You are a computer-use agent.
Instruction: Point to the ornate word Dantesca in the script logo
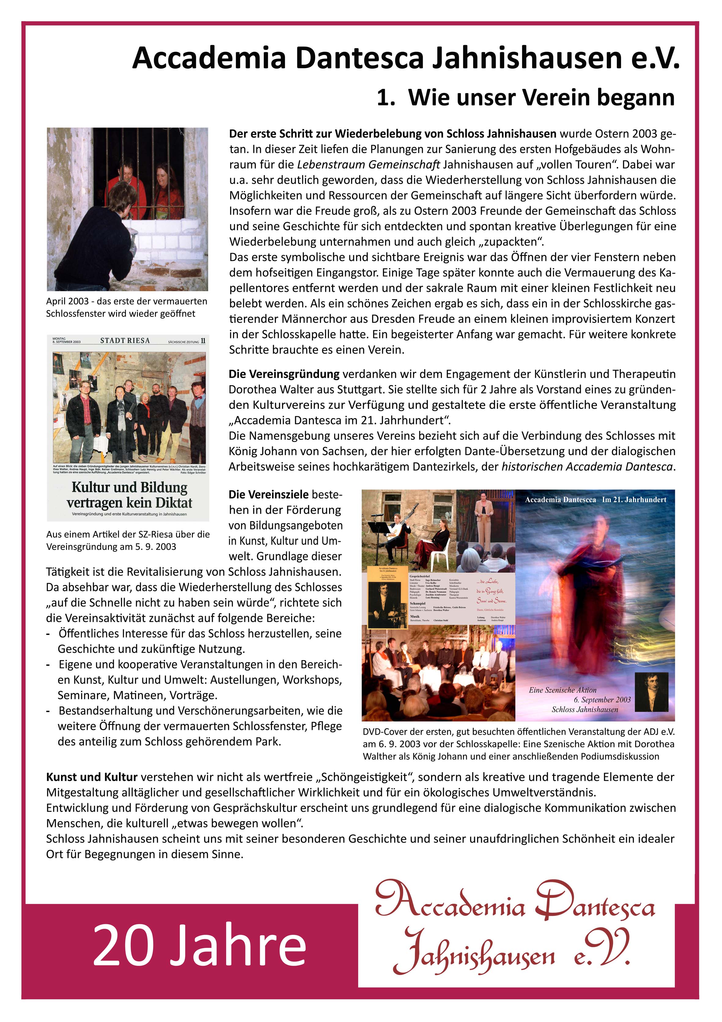click(594, 901)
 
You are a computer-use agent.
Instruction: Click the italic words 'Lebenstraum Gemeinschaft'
click(368, 165)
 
